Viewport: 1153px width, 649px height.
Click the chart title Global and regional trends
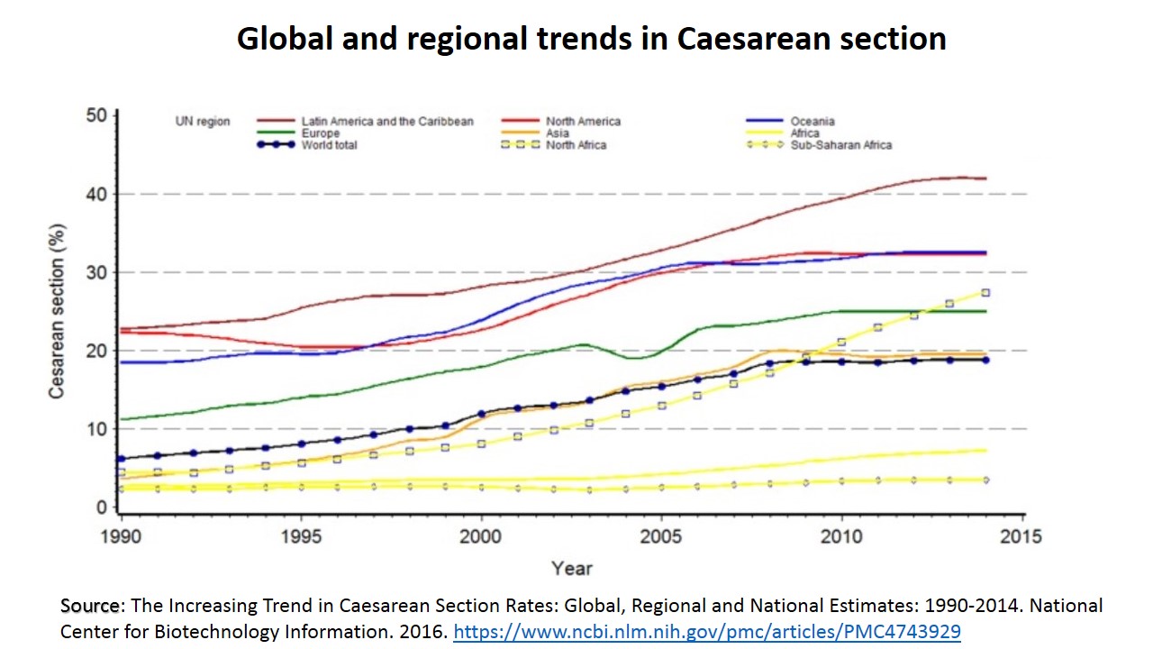click(591, 39)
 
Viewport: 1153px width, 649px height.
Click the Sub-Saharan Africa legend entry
click(841, 145)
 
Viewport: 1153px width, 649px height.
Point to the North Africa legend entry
click(576, 145)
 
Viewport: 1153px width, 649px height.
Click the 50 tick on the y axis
click(97, 115)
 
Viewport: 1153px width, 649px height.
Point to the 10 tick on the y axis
click(97, 429)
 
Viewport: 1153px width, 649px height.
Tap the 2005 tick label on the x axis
click(662, 536)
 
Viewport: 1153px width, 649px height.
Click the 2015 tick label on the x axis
click(1022, 536)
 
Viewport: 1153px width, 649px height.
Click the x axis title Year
click(572, 568)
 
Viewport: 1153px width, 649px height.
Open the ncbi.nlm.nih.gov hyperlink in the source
click(707, 632)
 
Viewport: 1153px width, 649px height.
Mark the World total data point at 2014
click(985, 360)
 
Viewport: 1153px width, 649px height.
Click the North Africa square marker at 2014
click(985, 293)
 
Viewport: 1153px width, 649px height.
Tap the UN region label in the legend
click(203, 122)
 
